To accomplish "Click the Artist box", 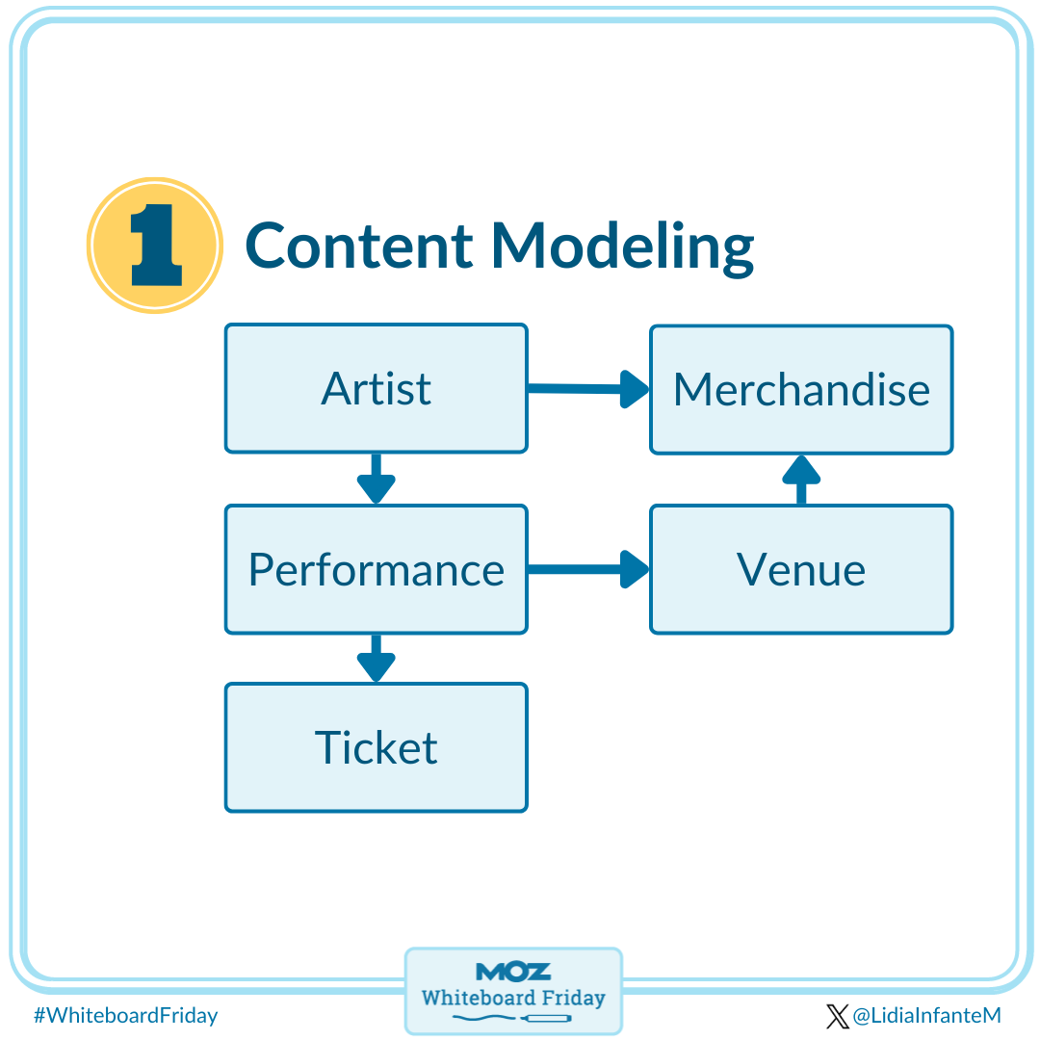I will (x=376, y=388).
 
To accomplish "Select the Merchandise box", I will (x=801, y=389).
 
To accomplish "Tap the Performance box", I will (x=376, y=569).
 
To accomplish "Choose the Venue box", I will (x=801, y=569).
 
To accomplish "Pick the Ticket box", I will (x=376, y=747).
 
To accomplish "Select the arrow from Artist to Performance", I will (x=376, y=479).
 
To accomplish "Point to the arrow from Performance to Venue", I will (x=588, y=569).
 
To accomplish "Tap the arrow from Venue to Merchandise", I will (x=801, y=480).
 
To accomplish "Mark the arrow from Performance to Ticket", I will (x=376, y=659).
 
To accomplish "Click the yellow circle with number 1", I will (x=155, y=246).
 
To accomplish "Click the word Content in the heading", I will (x=359, y=246).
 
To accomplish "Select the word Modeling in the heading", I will (x=621, y=247).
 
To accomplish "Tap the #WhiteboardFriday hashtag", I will (x=125, y=1015).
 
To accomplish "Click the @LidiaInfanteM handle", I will (x=927, y=1015).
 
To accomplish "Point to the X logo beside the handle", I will (x=837, y=1015).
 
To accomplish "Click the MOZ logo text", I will (x=513, y=971).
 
